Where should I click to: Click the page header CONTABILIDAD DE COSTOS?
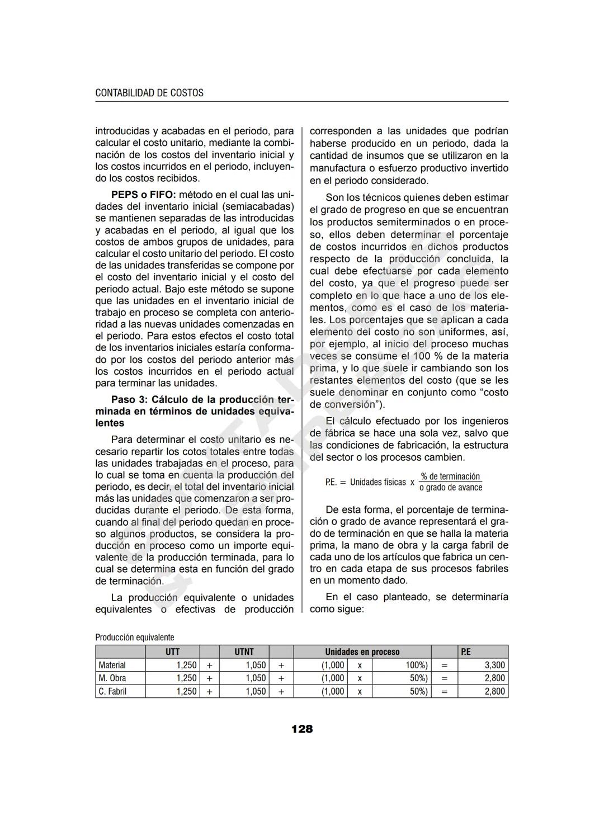149,93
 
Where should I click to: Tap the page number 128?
302,729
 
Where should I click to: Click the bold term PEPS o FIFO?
143,195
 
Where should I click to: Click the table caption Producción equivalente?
135,638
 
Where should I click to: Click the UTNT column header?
244,652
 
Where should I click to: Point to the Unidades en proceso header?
362,652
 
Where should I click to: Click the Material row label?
112,665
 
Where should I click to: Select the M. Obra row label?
112,678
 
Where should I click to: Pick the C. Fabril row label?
112,692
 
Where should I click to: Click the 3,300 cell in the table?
494,665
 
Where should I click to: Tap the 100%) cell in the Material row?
416,665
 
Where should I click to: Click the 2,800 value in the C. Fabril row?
494,692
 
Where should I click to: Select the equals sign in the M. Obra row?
444,678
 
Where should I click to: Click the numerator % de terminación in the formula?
450,476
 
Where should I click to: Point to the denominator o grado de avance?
450,488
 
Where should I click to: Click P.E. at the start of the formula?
331,482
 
